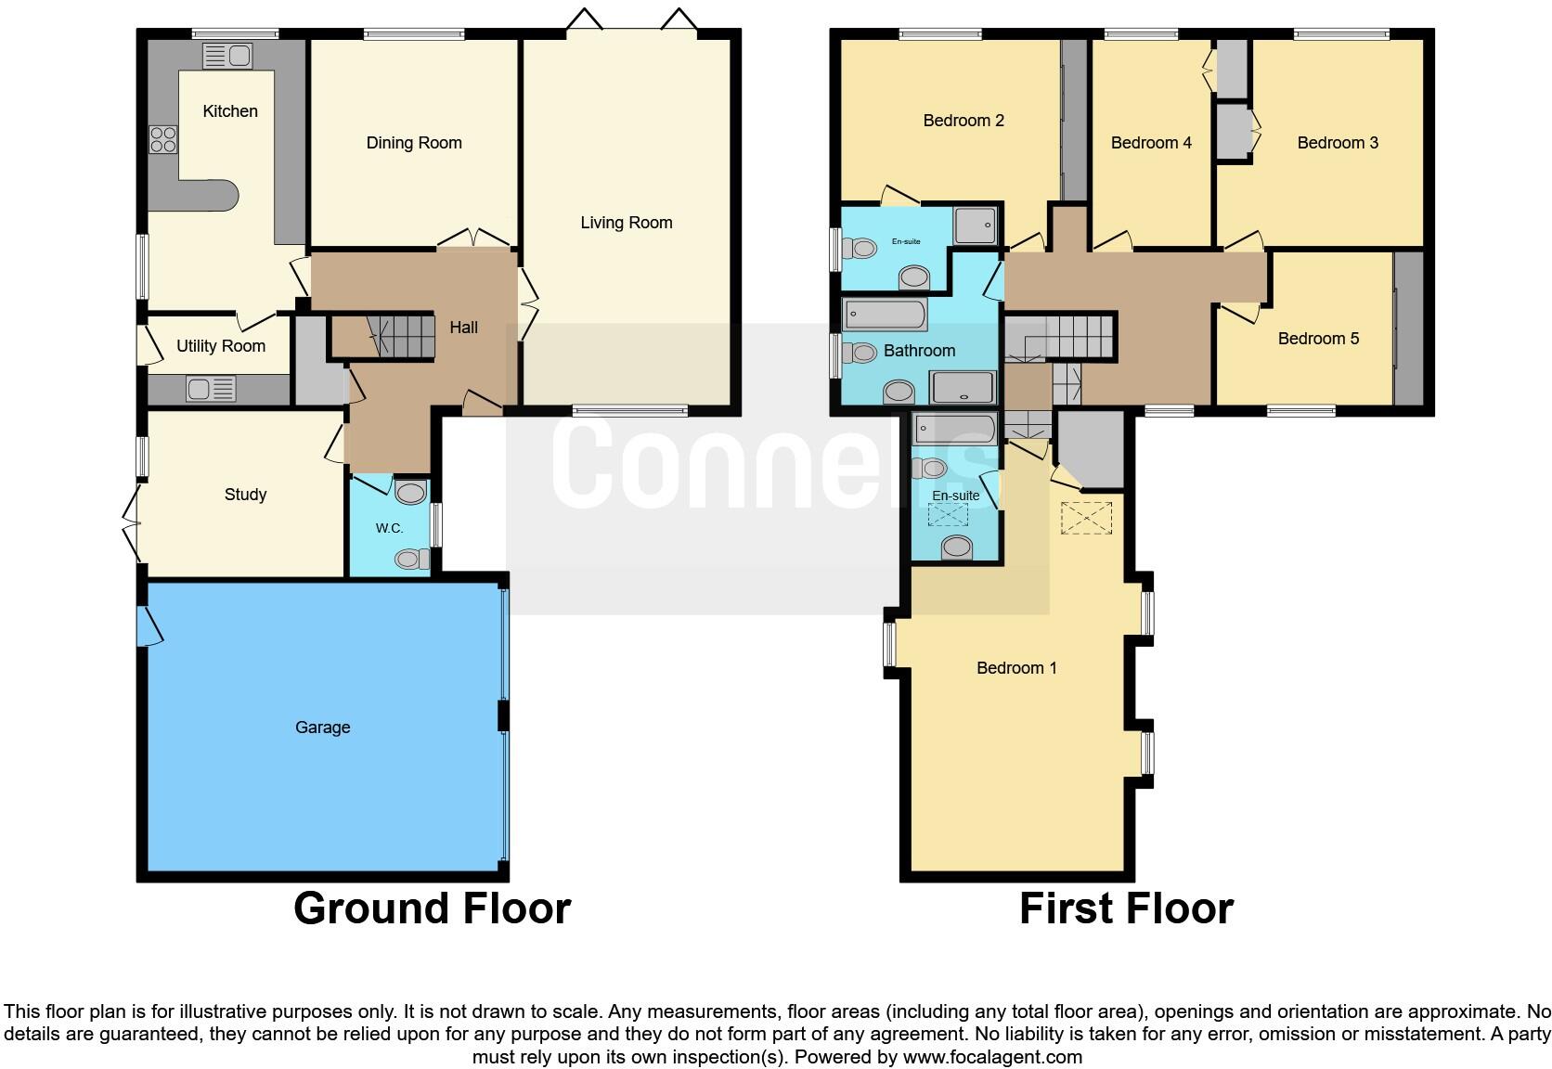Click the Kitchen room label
230,111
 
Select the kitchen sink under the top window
226,57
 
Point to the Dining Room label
414,143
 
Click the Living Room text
627,223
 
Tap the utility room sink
211,389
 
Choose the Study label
246,495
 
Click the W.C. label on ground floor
389,529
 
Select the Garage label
323,728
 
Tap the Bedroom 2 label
964,121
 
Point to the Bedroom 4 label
1151,143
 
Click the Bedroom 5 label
1318,339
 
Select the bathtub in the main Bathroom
886,316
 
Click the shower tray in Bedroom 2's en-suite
976,225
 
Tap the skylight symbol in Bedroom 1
1086,518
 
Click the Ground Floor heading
432,908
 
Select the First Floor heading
1126,908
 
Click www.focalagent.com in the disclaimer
992,1057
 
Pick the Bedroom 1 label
1016,668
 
